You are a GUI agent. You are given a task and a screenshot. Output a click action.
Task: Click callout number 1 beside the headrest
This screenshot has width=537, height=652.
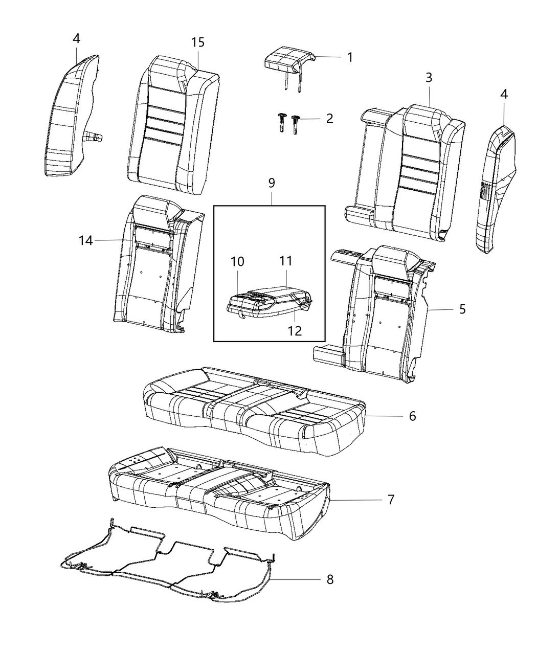350,57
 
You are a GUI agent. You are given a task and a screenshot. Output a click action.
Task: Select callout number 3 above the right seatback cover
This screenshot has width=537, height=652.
429,77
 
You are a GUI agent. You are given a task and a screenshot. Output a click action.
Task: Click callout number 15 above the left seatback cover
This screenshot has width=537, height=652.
198,42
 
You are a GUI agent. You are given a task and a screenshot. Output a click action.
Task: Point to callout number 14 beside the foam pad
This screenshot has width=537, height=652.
86,240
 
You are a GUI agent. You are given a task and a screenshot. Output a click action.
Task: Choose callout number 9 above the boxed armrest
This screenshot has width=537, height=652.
271,183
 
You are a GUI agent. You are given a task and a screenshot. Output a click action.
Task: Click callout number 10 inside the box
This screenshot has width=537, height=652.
237,262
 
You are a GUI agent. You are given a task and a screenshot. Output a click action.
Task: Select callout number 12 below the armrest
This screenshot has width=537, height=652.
295,330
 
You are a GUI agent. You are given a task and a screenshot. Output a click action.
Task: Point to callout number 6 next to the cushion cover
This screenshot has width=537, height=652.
412,416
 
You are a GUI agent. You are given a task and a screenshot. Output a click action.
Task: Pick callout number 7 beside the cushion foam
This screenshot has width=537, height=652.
391,499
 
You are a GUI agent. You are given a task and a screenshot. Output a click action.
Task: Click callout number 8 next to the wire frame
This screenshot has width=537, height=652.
330,579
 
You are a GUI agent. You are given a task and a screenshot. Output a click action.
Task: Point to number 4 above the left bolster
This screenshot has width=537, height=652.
76,38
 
